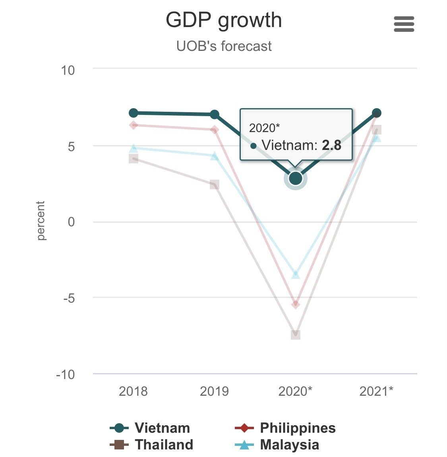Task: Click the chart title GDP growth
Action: (224, 20)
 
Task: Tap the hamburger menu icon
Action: (404, 24)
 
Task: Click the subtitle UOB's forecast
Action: (224, 46)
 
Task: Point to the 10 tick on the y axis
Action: (68, 70)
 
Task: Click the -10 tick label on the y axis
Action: (66, 374)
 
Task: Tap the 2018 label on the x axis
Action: (133, 391)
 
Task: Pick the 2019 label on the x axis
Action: (214, 391)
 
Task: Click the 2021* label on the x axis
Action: (376, 391)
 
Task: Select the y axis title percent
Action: (41, 221)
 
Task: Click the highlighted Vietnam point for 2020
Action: (295, 179)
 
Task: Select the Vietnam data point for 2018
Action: (134, 113)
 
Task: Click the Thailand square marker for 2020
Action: (295, 335)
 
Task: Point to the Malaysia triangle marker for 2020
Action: (295, 274)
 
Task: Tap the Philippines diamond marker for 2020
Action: (295, 304)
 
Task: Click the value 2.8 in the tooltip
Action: (331, 145)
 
